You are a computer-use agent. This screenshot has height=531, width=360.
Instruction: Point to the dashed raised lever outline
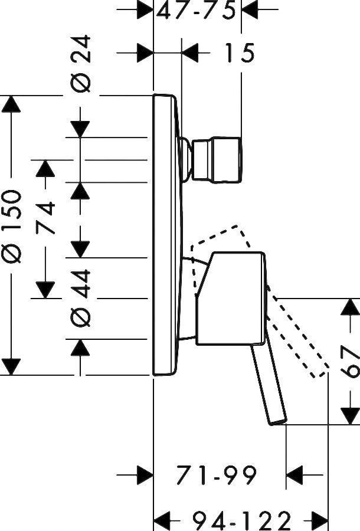pos(295,330)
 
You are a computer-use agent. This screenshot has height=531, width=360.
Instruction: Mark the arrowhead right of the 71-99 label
pos(294,474)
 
